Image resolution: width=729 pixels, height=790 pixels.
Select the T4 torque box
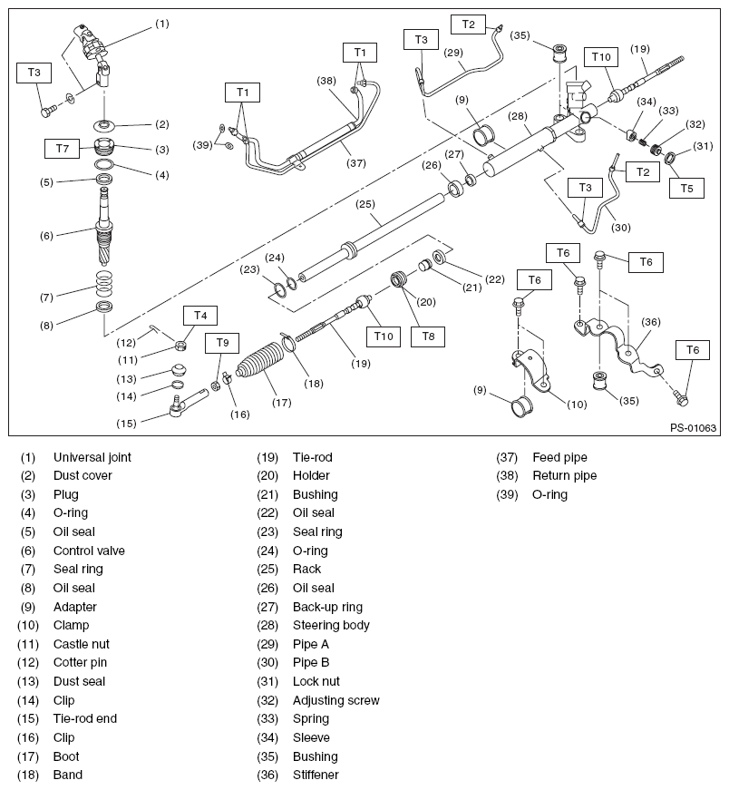click(200, 316)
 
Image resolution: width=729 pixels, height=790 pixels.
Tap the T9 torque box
click(222, 343)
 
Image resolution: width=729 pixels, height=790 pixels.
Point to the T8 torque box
click(428, 336)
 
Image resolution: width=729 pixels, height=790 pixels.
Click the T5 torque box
click(686, 188)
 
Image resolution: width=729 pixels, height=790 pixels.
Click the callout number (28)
click(517, 115)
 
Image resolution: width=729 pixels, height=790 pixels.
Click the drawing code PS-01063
click(693, 428)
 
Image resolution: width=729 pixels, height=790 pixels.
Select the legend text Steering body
click(331, 625)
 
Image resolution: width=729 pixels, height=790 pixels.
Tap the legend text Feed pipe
click(559, 457)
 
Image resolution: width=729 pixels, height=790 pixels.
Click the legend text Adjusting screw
click(335, 700)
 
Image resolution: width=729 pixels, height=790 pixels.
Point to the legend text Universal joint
click(92, 457)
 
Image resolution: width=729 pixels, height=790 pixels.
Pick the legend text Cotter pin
click(80, 663)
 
